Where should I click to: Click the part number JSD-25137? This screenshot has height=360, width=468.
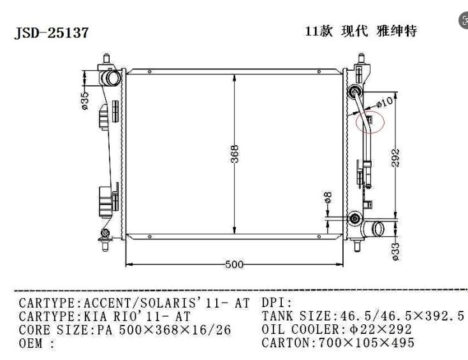(52, 32)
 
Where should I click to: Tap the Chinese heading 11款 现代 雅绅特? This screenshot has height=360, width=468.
(360, 31)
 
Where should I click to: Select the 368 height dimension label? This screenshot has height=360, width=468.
(235, 154)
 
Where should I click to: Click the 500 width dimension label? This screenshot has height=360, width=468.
(234, 264)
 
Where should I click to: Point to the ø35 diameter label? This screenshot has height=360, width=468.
(85, 101)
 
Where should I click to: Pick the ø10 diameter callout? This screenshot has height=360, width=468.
(384, 103)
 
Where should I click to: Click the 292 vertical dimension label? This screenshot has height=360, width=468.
(395, 158)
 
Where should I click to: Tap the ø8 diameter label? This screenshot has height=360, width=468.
(328, 198)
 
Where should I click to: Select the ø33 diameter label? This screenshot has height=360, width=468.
(395, 252)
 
